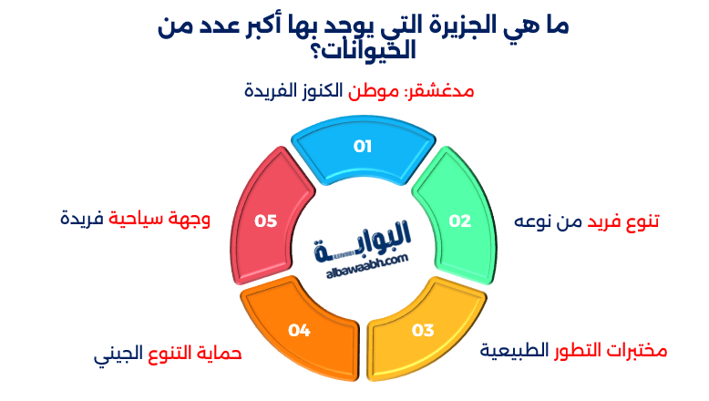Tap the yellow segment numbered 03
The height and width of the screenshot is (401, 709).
coord(421,333)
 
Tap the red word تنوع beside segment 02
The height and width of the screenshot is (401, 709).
coord(642,221)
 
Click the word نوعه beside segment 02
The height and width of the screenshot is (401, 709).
coord(537,221)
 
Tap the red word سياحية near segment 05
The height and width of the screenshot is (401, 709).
coord(139,220)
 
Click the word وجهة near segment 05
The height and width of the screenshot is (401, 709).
coord(191,220)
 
